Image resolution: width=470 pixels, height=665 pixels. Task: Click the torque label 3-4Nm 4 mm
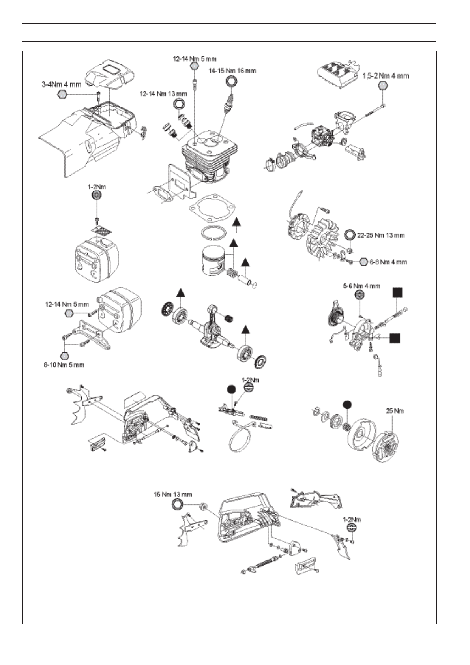62,84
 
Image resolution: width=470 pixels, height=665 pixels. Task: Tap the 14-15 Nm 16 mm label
232,71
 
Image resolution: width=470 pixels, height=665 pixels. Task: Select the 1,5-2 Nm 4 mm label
386,76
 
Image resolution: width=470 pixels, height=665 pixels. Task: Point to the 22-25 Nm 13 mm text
381,235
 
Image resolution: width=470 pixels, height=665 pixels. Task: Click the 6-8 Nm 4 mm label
388,262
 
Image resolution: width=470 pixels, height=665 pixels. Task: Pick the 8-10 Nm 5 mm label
64,365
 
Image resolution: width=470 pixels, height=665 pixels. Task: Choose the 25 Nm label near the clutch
395,411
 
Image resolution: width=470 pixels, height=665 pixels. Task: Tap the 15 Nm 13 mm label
173,495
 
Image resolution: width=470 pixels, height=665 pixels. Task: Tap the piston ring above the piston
213,233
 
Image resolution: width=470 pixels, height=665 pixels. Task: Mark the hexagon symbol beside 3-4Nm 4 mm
62,95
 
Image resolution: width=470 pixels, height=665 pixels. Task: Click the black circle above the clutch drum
346,405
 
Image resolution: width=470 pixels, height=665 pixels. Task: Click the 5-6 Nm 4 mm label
361,286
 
